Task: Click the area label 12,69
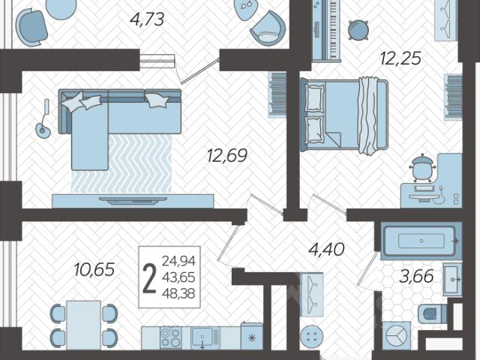tap(226, 155)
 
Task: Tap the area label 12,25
tap(400, 58)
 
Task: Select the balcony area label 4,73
tap(147, 19)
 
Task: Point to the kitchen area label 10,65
tap(94, 269)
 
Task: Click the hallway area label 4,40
tap(326, 250)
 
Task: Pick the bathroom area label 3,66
tap(416, 276)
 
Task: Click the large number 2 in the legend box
tap(150, 277)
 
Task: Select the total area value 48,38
tap(178, 294)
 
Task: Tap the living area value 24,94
tap(178, 261)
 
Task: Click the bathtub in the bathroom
tap(421, 241)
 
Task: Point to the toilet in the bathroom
tap(433, 313)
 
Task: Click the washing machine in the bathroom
tap(396, 336)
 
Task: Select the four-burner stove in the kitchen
tap(171, 337)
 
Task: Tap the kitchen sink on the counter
tap(202, 337)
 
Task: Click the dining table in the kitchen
tap(83, 325)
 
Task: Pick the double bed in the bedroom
tap(344, 115)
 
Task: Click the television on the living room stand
tap(133, 200)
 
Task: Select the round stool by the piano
tap(358, 30)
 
